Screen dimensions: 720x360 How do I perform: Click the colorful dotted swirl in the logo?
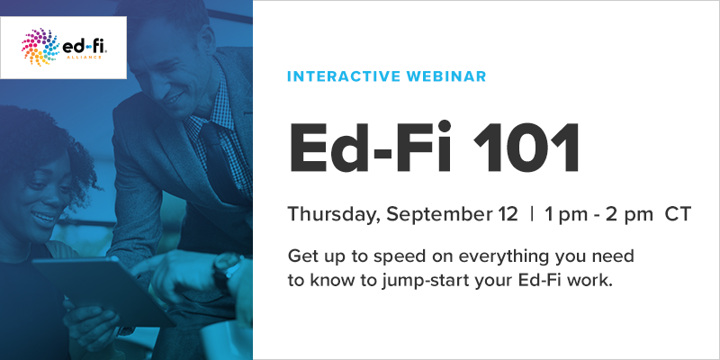[x=40, y=47]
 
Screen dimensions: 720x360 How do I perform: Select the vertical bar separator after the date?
[x=532, y=214]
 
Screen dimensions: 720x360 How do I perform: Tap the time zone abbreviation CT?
[x=678, y=214]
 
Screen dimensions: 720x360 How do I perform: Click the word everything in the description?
[x=503, y=256]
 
